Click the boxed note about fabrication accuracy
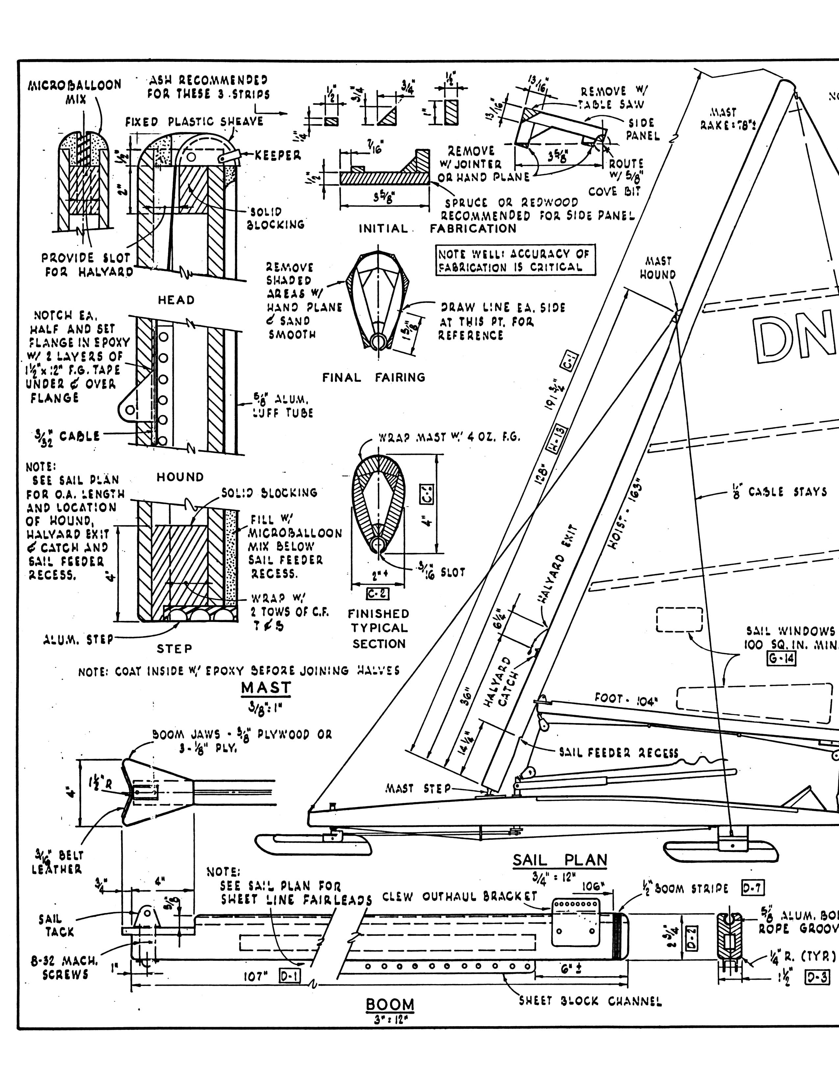point(515,260)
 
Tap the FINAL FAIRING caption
point(374,377)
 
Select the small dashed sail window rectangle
point(679,619)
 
